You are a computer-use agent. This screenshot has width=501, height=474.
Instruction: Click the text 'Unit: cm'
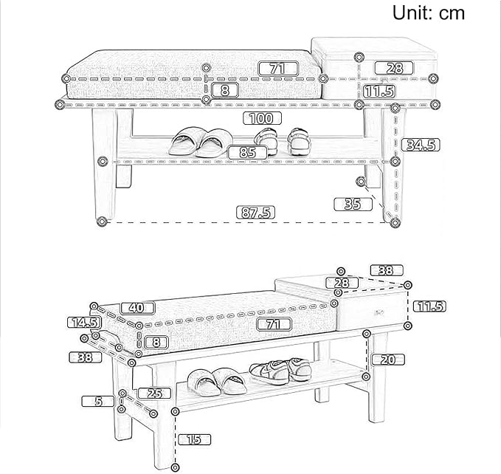429,13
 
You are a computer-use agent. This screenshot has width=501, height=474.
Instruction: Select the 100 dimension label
262,118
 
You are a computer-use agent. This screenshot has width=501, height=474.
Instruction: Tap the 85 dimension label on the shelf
248,152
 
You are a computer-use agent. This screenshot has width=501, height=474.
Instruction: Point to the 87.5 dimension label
255,213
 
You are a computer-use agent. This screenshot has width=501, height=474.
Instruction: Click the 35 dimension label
353,205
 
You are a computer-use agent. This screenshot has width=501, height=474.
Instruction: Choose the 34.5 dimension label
421,145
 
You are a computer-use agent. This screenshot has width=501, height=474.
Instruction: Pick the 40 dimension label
137,308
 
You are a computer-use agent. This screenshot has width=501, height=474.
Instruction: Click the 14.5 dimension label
84,322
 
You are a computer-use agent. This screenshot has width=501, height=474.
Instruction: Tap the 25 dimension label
154,394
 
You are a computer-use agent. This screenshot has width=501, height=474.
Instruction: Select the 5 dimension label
98,401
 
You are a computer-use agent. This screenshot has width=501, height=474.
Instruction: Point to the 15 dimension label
194,439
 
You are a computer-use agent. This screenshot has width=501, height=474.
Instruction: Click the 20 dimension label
388,360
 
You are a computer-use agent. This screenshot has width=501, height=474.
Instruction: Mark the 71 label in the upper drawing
278,69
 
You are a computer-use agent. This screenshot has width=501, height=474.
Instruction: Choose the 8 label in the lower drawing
156,343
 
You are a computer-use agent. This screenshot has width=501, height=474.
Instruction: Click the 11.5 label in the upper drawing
379,91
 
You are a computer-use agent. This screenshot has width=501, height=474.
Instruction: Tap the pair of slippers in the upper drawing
201,142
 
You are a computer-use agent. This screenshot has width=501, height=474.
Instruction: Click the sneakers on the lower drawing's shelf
280,371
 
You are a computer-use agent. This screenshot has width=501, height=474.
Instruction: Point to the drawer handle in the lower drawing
379,312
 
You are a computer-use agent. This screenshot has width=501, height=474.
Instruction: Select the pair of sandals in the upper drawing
283,140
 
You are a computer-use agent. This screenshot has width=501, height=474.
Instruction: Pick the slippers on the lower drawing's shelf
217,382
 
